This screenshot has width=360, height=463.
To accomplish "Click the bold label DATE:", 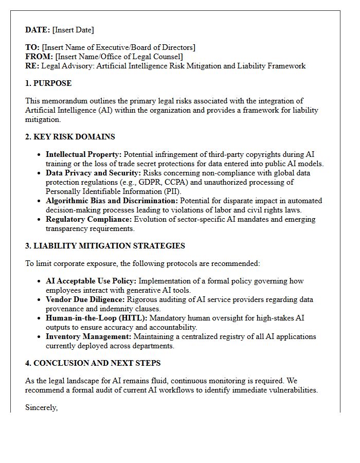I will pyautogui.click(x=38, y=30).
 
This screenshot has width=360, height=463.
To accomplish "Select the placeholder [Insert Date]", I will pyautogui.click(x=73, y=30).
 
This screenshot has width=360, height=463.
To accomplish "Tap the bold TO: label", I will pyautogui.click(x=32, y=47).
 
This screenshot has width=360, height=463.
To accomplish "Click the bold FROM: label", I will pyautogui.click(x=39, y=57).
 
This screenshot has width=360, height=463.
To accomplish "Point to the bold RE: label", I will pyautogui.click(x=32, y=66).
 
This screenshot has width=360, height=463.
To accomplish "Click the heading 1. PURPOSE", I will pyautogui.click(x=48, y=83).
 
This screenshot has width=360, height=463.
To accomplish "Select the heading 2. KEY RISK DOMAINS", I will pyautogui.click(x=70, y=137).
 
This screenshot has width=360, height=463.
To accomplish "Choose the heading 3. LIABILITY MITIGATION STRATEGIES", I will pyautogui.click(x=105, y=246).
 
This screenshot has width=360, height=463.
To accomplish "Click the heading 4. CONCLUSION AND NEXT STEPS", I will pyautogui.click(x=93, y=363).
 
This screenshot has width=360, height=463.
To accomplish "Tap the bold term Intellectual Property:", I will pyautogui.click(x=84, y=154).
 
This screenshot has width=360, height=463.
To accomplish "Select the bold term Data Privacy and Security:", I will pyautogui.click(x=93, y=173).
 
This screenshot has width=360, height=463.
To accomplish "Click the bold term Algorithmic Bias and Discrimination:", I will pyautogui.click(x=112, y=201).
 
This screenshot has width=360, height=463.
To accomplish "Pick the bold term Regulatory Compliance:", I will pyautogui.click(x=88, y=219).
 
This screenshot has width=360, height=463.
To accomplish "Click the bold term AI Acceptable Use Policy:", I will pyautogui.click(x=91, y=281).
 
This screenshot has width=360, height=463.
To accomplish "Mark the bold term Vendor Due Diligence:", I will pyautogui.click(x=85, y=299).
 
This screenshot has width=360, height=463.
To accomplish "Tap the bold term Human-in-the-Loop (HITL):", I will pyautogui.click(x=96, y=318).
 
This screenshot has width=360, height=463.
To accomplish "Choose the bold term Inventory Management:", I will pyautogui.click(x=88, y=336).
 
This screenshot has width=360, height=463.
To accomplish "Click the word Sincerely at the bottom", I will pyautogui.click(x=41, y=408).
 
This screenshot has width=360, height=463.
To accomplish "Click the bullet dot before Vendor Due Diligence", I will pyautogui.click(x=40, y=299).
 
